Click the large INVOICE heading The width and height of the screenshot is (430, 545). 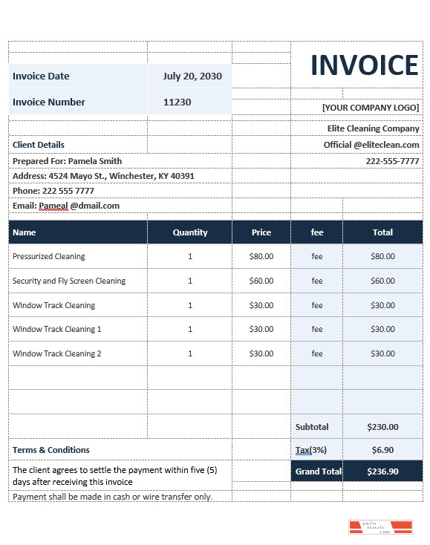point(364,65)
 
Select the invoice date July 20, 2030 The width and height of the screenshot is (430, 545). point(192,76)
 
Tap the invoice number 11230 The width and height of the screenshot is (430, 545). point(177,102)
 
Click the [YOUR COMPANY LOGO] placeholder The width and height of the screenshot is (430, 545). point(371,108)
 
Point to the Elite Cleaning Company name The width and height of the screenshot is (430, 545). point(373,128)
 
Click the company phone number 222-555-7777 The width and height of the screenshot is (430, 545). point(392,161)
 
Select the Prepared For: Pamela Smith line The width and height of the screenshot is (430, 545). point(67,161)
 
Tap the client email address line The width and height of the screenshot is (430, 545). point(66,206)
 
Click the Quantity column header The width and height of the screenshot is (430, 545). point(190,232)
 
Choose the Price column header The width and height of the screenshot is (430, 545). point(261,232)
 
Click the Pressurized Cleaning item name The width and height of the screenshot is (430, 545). point(49,256)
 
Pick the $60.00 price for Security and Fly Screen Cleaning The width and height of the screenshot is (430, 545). point(261,281)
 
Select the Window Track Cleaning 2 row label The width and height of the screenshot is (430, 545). point(57,353)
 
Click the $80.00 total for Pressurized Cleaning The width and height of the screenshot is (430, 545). point(382,256)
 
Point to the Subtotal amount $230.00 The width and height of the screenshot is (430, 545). point(382,427)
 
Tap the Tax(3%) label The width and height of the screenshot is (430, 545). point(311,450)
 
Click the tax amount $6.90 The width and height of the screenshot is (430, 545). point(382,450)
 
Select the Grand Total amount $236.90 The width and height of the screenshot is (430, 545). point(382,471)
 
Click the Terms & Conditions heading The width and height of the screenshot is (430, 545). point(51,450)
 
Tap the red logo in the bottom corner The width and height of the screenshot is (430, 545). point(380,528)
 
